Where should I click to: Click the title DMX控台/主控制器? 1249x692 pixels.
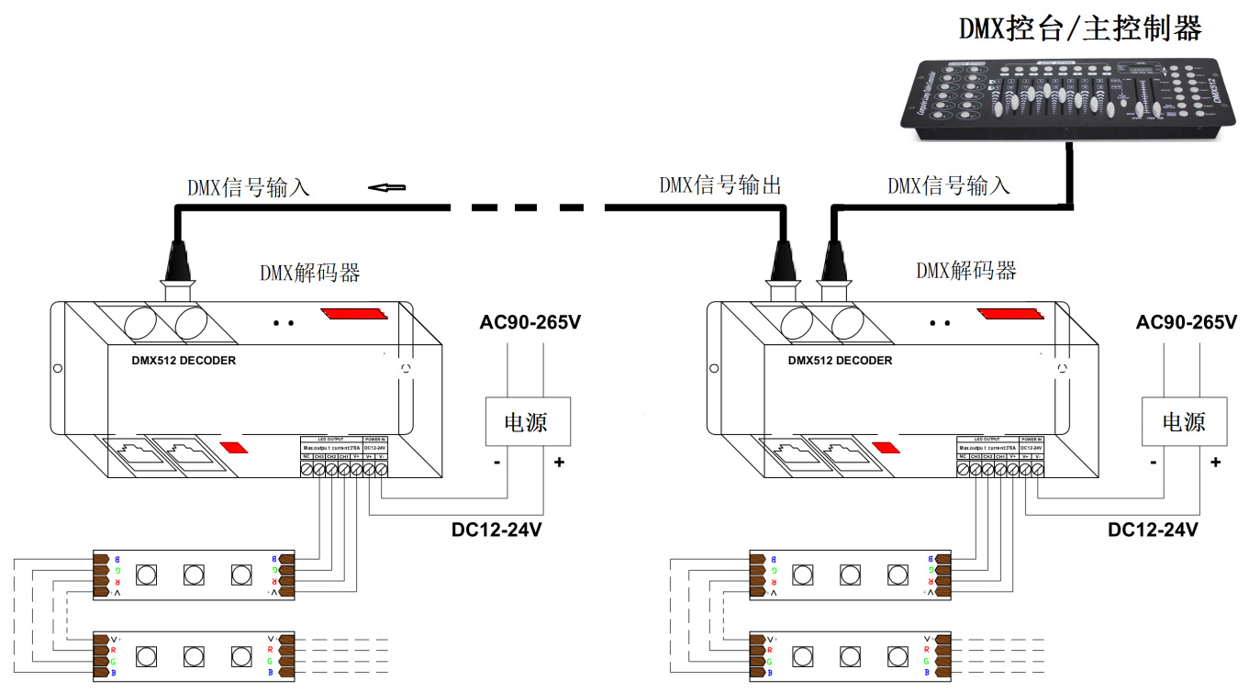point(1080,28)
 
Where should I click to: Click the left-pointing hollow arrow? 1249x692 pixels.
point(387,188)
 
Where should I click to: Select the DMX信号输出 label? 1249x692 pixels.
point(719,185)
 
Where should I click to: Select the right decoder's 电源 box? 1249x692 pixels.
point(1183,421)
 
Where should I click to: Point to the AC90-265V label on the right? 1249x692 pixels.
point(1186,323)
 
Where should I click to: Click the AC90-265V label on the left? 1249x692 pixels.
point(530,323)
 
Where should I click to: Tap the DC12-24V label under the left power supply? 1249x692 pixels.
point(496,530)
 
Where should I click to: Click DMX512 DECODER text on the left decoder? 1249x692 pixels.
point(184,361)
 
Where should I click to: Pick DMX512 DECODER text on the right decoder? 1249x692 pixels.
point(840,361)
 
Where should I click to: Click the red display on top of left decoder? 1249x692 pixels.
point(355,314)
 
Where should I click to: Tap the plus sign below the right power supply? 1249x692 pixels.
point(1215,463)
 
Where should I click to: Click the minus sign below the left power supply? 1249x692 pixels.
point(496,463)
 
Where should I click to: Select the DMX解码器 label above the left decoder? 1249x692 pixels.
point(309,273)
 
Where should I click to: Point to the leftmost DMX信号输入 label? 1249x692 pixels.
point(249,188)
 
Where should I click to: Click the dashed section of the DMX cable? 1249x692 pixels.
point(528,208)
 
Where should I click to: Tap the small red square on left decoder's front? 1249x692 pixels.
point(233,448)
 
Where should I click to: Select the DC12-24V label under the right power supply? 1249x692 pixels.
point(1153,530)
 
